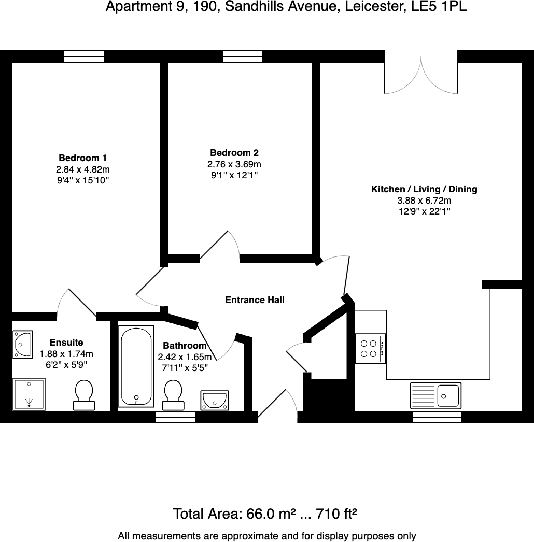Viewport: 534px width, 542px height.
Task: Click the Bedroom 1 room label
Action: coord(82,158)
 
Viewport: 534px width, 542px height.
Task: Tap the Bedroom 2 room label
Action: coord(234,153)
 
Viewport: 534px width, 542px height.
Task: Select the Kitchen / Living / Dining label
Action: coord(424,189)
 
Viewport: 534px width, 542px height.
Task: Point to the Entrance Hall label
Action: coord(255,300)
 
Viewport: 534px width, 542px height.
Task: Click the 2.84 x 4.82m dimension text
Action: coord(82,169)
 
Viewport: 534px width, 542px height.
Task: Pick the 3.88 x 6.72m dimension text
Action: coord(424,201)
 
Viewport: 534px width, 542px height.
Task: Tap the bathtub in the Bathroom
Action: coord(136,366)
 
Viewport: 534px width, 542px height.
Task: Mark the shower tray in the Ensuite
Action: coord(29,394)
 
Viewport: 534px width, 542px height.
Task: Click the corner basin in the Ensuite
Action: coord(23,345)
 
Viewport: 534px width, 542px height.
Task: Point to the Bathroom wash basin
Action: coord(215,401)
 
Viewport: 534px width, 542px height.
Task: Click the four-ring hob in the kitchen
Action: coord(370,348)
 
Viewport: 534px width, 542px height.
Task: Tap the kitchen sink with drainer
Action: coord(435,395)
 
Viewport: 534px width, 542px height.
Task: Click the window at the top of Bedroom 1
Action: coord(84,56)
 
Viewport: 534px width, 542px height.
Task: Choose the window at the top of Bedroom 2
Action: coord(243,56)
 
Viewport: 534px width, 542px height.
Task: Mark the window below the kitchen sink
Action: coord(437,417)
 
